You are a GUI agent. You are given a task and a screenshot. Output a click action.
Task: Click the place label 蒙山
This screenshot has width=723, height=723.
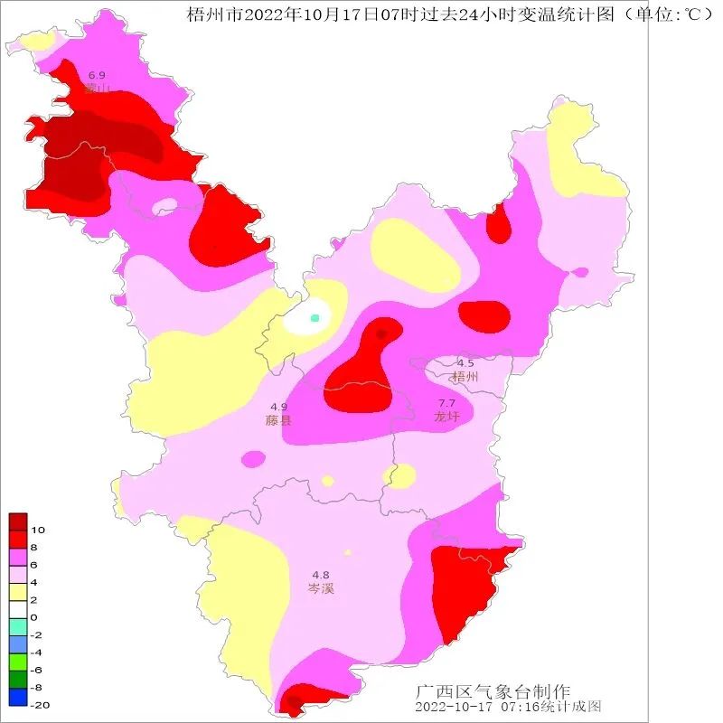[x=97, y=88]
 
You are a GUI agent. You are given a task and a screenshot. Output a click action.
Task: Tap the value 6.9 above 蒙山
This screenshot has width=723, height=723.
[x=97, y=74]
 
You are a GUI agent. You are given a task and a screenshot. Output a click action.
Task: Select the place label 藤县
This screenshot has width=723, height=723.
[x=278, y=420]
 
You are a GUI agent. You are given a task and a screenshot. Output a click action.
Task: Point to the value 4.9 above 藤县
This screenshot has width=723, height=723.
[x=278, y=407]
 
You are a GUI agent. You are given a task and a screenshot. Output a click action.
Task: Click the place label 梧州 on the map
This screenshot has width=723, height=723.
[x=465, y=377]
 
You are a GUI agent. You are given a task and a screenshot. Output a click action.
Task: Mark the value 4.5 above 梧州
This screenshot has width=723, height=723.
[x=465, y=363]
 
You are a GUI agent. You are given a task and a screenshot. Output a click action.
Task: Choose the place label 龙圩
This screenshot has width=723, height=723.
[x=447, y=417]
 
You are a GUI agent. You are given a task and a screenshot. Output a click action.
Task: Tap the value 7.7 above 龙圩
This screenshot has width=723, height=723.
[x=447, y=403]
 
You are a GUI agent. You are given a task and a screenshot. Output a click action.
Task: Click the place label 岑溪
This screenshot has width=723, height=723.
[x=321, y=588]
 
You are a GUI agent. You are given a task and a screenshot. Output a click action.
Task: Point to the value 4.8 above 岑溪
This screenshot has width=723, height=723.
[x=321, y=575]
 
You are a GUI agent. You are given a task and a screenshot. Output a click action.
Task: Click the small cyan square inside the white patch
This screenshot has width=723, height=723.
[x=315, y=318]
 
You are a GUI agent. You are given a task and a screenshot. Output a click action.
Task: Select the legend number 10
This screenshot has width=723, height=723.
[x=38, y=530]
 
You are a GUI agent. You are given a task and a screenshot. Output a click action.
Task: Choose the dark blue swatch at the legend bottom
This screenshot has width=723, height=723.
[x=18, y=697]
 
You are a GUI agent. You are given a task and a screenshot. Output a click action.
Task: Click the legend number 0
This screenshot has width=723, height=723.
[x=33, y=617]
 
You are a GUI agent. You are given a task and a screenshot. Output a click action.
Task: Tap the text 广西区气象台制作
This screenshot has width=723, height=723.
[x=493, y=691]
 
